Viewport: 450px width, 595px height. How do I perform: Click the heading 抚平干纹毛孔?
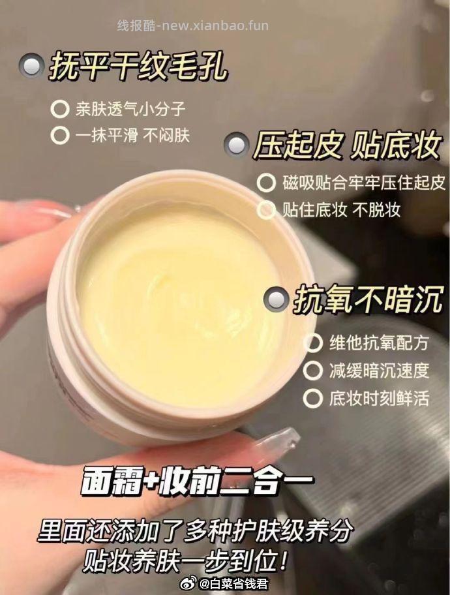(138, 67)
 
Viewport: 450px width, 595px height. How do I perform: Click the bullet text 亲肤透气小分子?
(130, 109)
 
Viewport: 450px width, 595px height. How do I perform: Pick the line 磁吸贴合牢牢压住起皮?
(363, 183)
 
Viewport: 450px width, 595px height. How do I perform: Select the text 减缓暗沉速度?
(379, 371)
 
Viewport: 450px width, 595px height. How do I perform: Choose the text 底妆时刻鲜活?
(379, 398)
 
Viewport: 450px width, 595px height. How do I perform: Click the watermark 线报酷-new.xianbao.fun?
(193, 25)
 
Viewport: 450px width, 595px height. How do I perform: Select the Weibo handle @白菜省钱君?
(233, 584)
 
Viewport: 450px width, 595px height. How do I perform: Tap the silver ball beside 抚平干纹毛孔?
(31, 65)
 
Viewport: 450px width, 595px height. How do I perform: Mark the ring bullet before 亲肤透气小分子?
(60, 109)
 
